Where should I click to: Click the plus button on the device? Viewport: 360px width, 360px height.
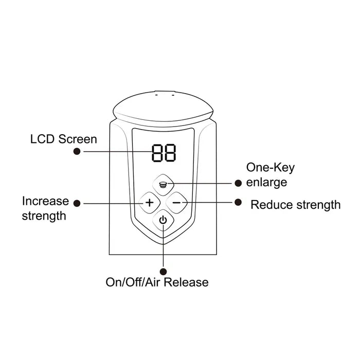click(149, 202)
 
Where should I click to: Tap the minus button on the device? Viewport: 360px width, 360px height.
click(176, 202)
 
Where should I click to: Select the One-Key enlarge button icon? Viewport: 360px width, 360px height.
click(163, 183)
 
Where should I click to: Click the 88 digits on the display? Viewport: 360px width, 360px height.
click(164, 153)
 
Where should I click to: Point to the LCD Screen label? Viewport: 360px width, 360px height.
click(64, 139)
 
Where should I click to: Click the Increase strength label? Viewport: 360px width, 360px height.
click(45, 208)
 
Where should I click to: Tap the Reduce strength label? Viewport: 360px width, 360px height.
click(295, 205)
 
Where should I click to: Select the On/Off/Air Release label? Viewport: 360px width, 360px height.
click(157, 282)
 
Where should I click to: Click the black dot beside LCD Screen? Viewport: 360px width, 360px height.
click(77, 151)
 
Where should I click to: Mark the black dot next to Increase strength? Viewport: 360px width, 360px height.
click(77, 203)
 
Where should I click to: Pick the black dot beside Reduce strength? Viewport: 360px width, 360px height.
click(238, 202)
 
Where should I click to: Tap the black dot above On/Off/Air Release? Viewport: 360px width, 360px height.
click(164, 271)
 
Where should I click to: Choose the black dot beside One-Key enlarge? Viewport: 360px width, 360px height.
click(238, 183)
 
